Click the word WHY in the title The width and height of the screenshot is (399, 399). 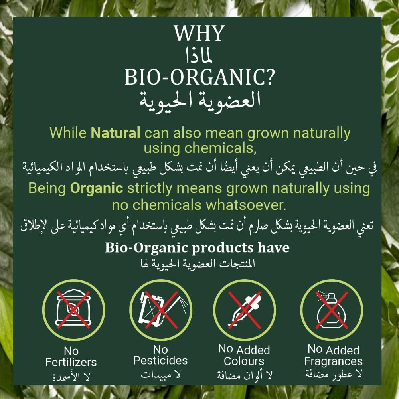pos(199,33)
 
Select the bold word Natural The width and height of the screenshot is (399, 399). pos(116,133)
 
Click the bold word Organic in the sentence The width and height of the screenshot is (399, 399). pos(97,188)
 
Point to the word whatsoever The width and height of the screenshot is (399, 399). pos(246,205)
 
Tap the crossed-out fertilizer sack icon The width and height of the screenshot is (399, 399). pos(73,310)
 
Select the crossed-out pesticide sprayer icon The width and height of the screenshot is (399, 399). pos(160,310)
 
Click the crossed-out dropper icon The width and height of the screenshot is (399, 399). pos(245,310)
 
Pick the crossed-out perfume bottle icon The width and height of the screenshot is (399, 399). pos(332,310)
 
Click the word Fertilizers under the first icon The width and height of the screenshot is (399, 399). pos(71,362)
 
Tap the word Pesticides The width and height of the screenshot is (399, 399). pos(160,361)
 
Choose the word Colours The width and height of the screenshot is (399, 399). pos(244,361)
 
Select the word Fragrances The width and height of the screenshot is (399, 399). pos(333,361)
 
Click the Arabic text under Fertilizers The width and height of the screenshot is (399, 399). pos(71,377)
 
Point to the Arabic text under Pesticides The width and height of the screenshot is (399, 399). pos(160,375)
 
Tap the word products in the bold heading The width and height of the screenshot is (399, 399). pos(223,248)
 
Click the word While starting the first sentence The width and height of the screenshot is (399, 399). pos(68,133)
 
